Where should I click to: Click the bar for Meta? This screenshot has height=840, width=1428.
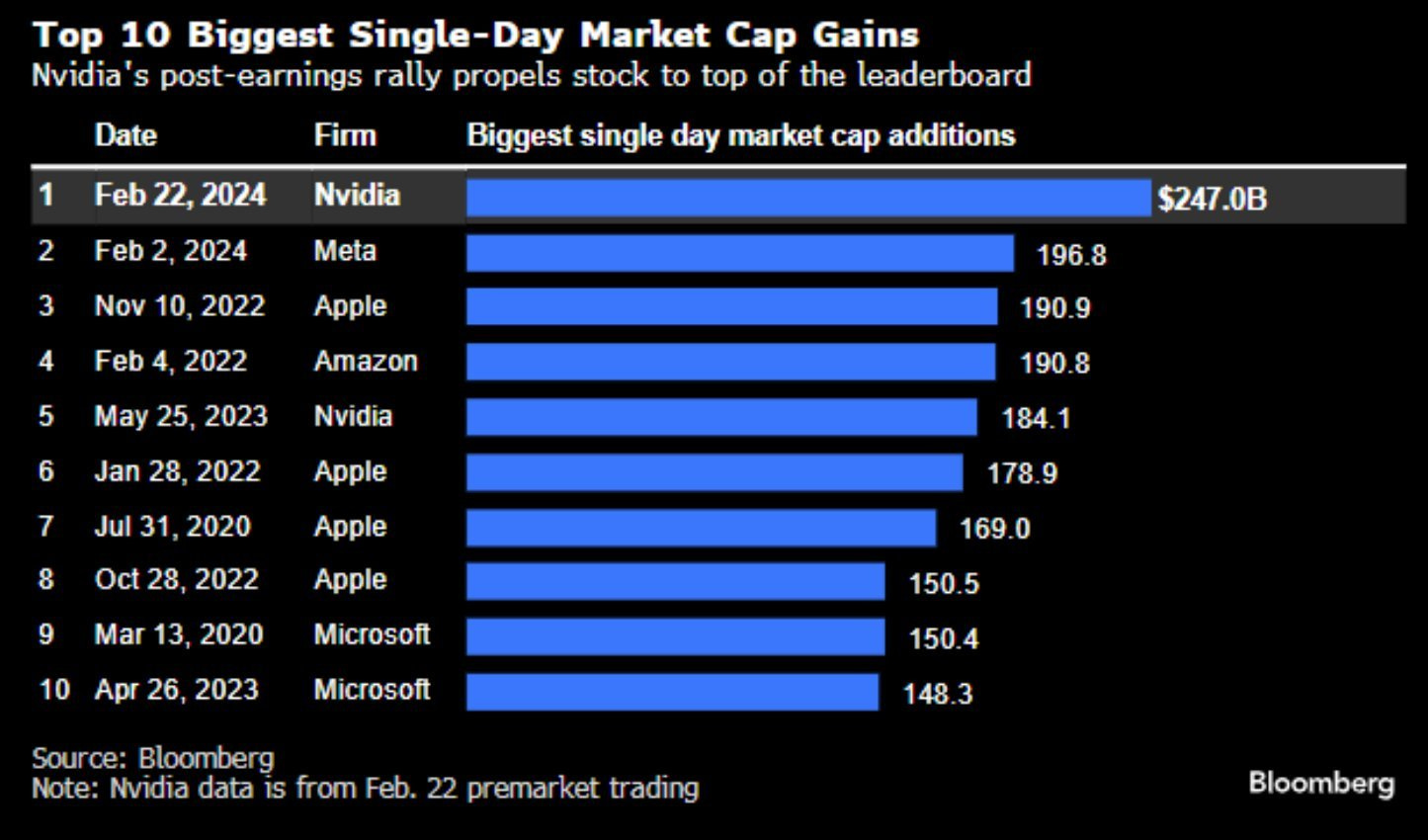pos(739,253)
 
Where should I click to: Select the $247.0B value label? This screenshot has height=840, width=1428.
pos(1212,199)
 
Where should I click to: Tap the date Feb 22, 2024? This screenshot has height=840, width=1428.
pos(180,195)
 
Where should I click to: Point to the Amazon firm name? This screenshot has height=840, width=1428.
pos(366,361)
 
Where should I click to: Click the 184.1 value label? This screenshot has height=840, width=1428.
pos(1036,418)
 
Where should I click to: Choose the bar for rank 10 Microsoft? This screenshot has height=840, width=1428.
pos(672,692)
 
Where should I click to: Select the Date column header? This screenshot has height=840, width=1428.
pos(126,135)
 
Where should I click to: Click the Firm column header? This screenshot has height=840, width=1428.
pos(345,135)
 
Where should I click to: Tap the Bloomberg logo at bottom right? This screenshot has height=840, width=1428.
pos(1321,784)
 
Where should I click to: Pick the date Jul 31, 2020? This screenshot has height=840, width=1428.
pos(172,526)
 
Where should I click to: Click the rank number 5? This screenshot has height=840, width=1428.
pos(46,415)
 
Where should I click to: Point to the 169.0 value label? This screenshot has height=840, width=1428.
pos(994,529)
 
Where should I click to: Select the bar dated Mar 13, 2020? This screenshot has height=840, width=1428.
pos(675,636)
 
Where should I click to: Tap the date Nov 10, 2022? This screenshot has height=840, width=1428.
pos(180,305)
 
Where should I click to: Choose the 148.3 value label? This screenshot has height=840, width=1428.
pos(938,694)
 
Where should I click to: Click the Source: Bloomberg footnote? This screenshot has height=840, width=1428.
pos(153,758)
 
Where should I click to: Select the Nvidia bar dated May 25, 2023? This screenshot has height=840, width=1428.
pos(721,417)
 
